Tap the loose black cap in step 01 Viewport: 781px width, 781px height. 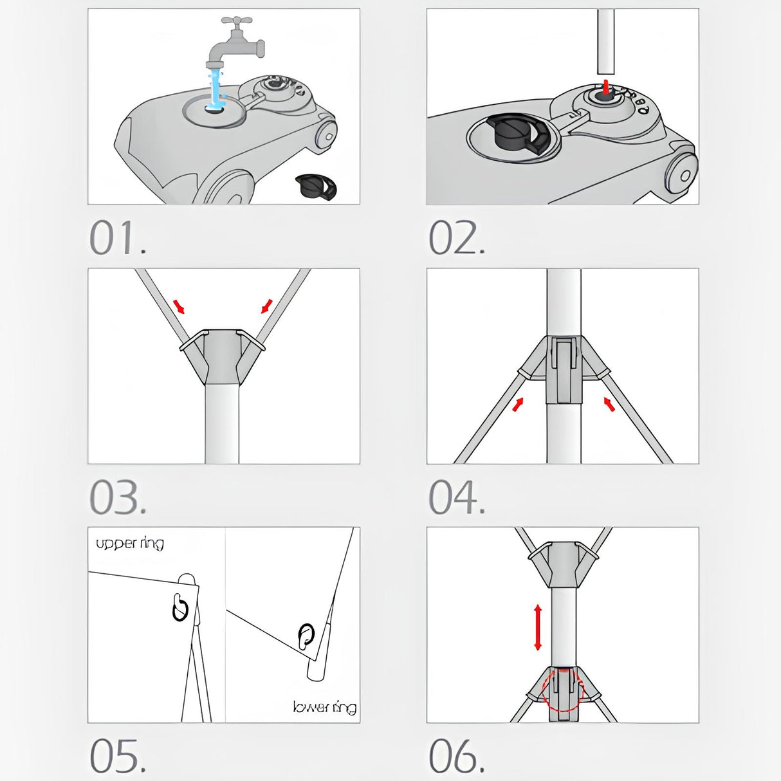point(316,187)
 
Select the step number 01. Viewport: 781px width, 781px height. point(118,238)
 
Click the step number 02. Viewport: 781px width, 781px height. point(457,238)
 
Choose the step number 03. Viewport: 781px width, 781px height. point(118,497)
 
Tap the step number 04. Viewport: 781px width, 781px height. point(457,497)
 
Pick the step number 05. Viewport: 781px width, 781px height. point(118,755)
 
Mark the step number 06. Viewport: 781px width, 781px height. point(457,755)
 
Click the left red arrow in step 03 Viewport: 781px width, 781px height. point(179,306)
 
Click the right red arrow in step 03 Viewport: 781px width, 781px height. point(266,306)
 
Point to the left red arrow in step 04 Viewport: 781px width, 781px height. point(518,404)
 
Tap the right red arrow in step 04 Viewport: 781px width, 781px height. point(609,404)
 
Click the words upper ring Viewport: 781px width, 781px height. point(130,544)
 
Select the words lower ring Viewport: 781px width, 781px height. point(324,707)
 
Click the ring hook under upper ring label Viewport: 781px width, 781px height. point(180,607)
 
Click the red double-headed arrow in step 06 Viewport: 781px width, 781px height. point(538,627)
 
